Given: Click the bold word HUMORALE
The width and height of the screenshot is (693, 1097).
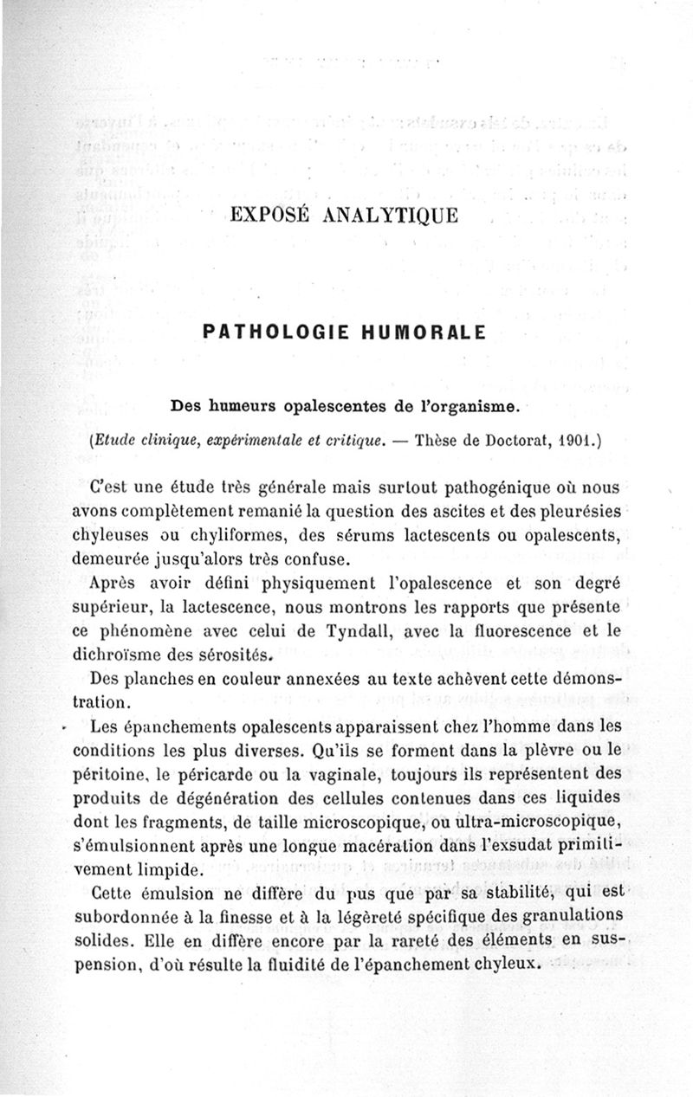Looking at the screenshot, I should pyautogui.click(x=422, y=332).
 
